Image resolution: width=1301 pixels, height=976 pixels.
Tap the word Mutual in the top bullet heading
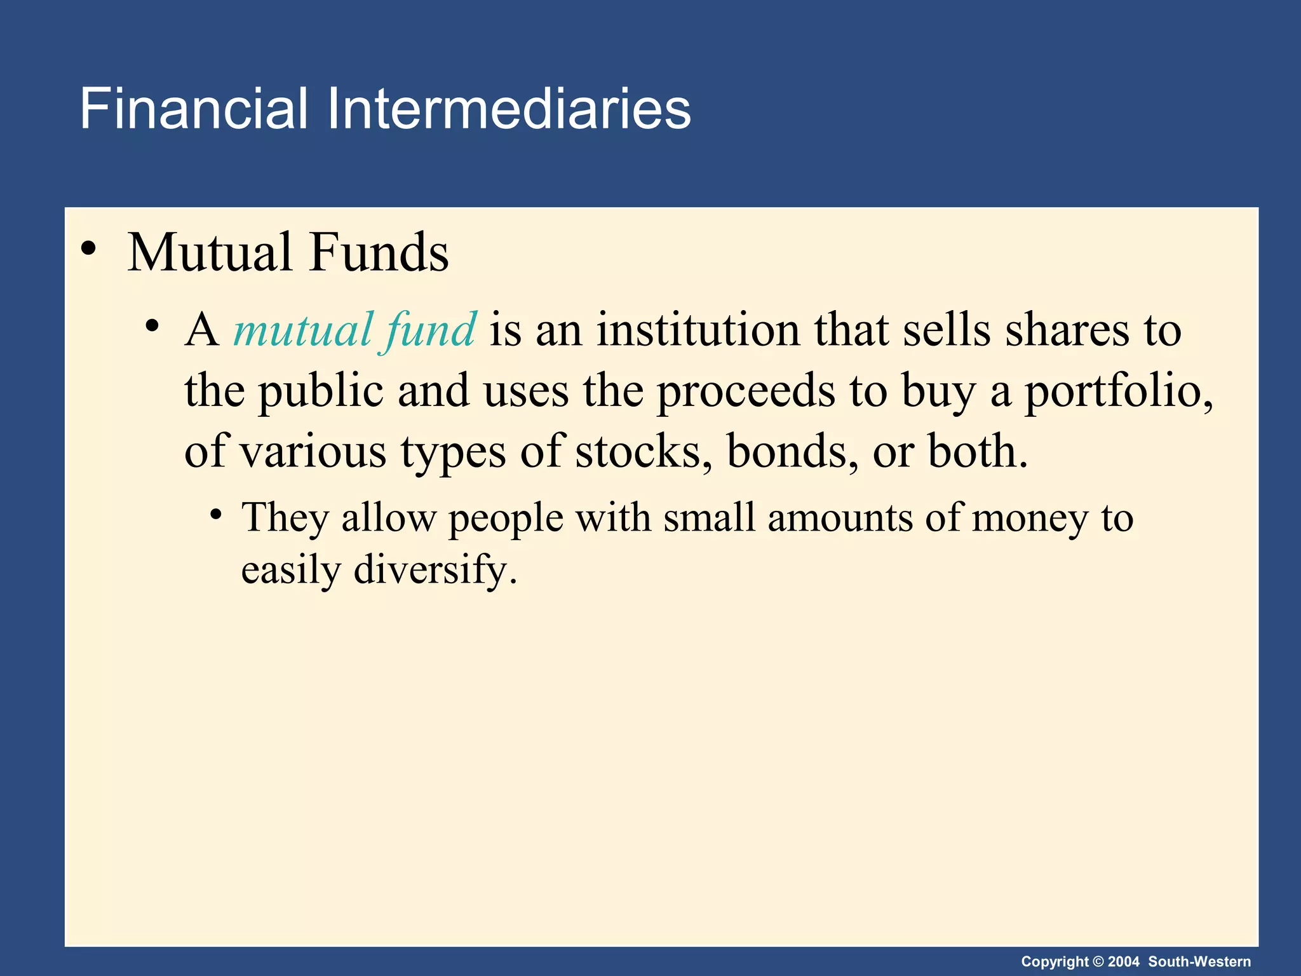coord(210,252)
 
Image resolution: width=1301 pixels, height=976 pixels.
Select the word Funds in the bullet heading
coord(379,252)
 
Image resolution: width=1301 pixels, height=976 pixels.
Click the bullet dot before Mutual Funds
coord(89,249)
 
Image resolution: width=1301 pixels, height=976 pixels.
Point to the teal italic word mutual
coord(303,330)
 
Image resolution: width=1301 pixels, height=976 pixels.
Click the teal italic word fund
coord(430,330)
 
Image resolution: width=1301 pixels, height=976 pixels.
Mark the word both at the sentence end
coord(975,451)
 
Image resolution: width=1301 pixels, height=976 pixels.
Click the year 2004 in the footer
coord(1123,961)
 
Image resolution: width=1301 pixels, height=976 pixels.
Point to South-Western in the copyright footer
coord(1199,961)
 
